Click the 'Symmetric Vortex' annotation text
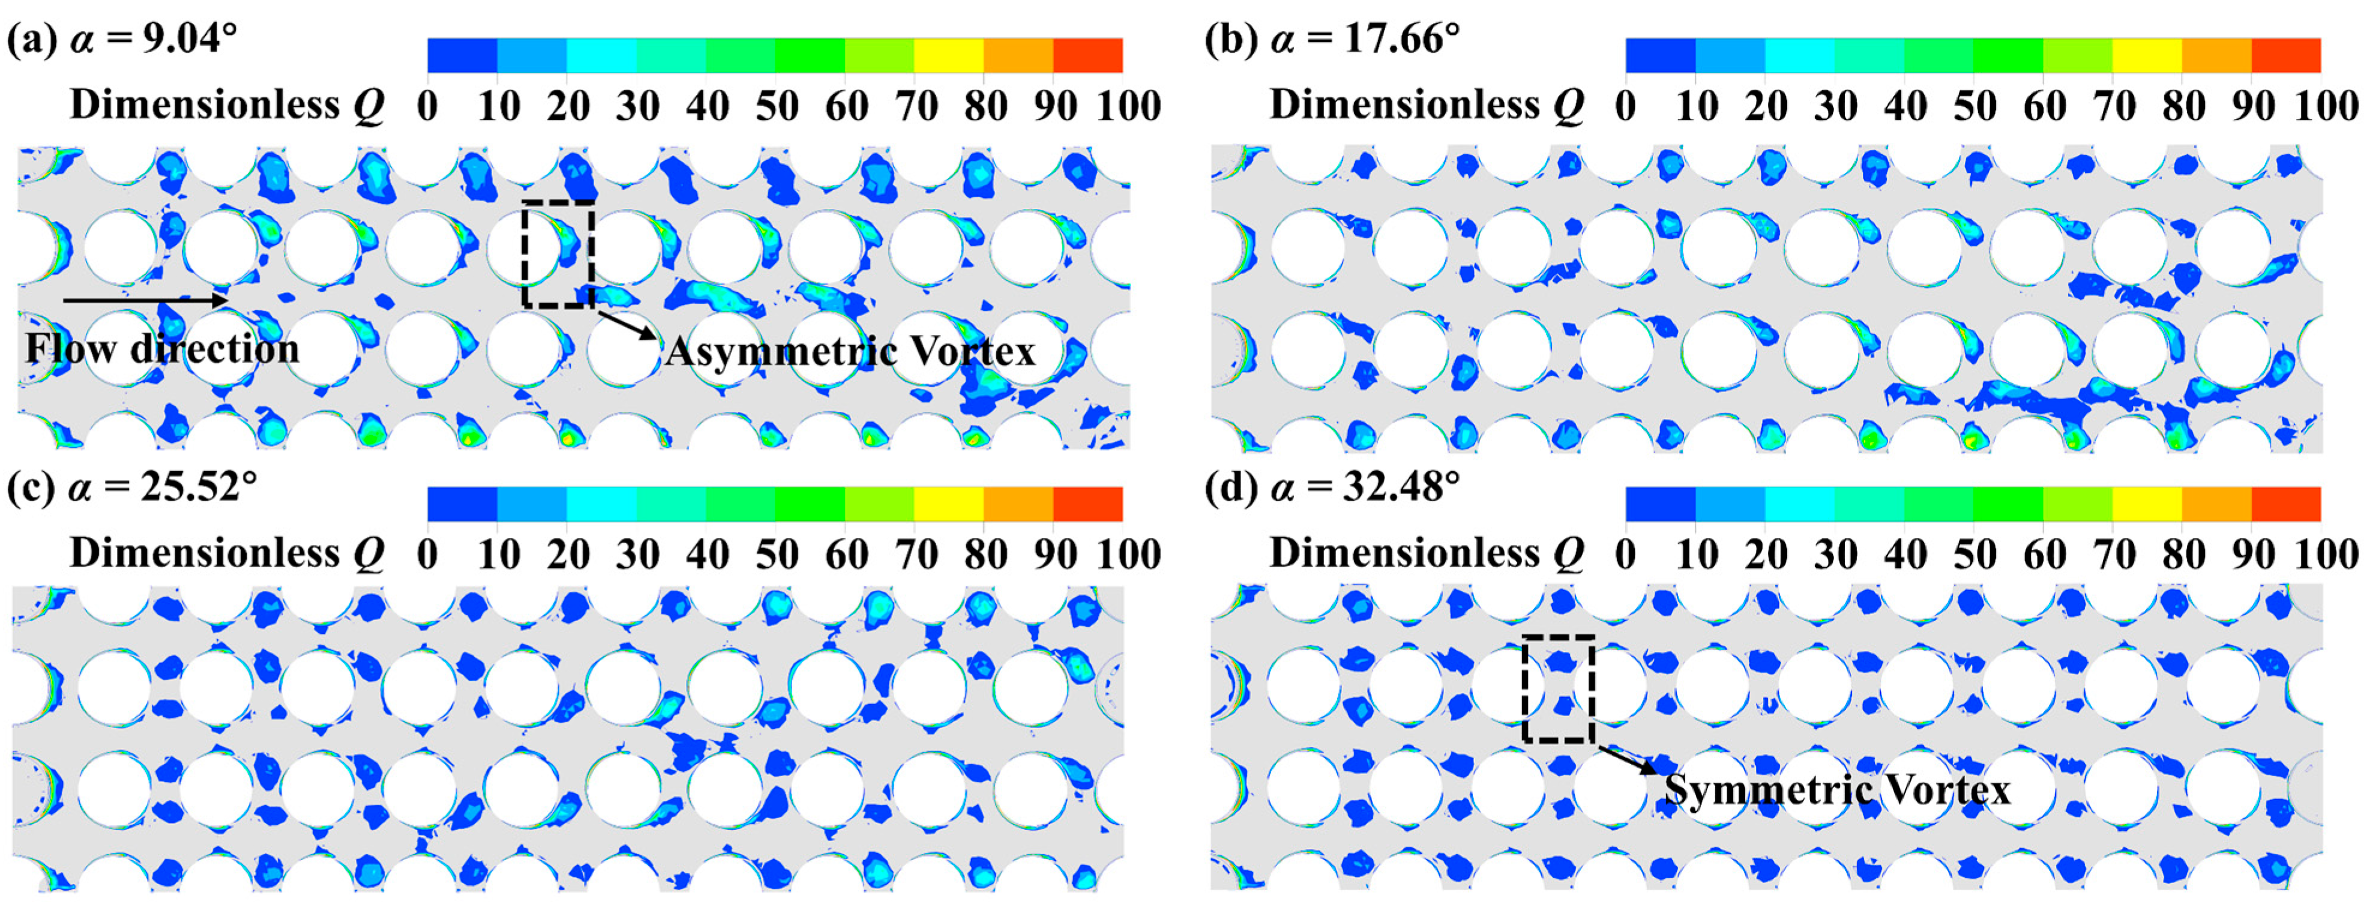click(x=1837, y=790)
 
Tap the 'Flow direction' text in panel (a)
click(x=163, y=349)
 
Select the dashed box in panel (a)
click(x=558, y=255)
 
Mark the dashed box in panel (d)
click(x=1558, y=689)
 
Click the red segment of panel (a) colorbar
click(x=1087, y=55)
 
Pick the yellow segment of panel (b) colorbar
click(x=2147, y=55)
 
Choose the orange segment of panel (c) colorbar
click(x=1018, y=504)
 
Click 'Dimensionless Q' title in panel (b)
click(x=1427, y=106)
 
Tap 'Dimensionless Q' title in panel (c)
click(x=227, y=553)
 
